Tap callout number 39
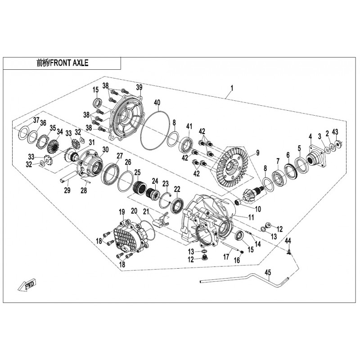tap(139, 87)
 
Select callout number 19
tap(121, 212)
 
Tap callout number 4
tap(310, 136)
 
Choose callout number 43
tap(334, 131)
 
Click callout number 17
tap(226, 257)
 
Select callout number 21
tap(145, 212)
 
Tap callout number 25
tap(137, 172)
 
